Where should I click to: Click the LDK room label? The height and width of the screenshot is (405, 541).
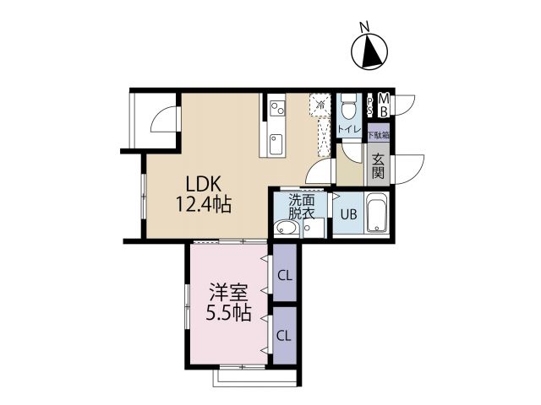point(203,184)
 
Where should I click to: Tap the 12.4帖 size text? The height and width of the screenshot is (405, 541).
point(204,204)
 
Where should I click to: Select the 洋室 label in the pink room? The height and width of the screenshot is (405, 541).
point(228,294)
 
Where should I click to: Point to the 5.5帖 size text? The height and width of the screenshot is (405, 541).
point(228,313)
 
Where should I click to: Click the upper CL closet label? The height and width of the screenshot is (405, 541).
point(285,276)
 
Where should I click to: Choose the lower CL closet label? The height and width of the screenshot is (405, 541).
point(284,335)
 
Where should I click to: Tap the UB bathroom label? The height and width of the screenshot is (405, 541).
point(348,214)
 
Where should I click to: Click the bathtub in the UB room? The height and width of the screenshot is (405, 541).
point(376,213)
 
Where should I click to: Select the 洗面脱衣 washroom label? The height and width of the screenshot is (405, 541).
point(302,207)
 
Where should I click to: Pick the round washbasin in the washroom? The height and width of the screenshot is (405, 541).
point(286,228)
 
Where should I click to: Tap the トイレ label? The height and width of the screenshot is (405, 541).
point(349,129)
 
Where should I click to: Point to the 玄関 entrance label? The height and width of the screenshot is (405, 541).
point(379,166)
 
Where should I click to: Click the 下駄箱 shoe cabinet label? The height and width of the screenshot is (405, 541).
point(379,135)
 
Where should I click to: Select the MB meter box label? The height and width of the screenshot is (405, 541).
point(384,105)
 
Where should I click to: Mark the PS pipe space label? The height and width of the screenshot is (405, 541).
point(370,105)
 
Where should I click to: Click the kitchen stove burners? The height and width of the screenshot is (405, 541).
point(277,108)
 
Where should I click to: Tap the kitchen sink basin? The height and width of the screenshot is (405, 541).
point(276,144)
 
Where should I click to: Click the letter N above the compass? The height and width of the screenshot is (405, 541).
point(364,26)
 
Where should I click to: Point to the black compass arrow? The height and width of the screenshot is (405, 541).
point(372,51)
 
